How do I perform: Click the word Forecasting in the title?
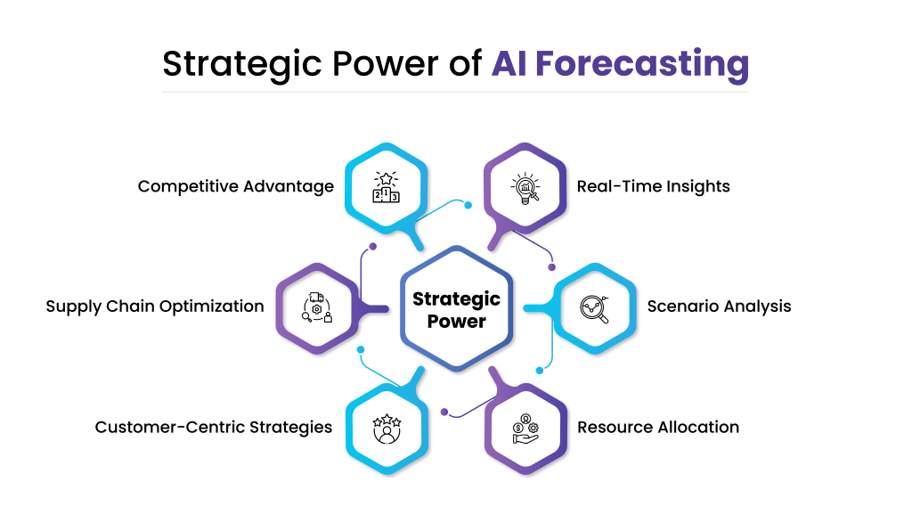[x=642, y=65]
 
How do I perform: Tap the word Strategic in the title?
[x=242, y=65]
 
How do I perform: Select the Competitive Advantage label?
[x=235, y=187]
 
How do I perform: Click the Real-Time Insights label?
[x=653, y=187]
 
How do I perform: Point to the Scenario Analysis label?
[x=719, y=307]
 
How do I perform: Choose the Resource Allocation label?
[x=658, y=427]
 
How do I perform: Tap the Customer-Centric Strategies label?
[x=214, y=428]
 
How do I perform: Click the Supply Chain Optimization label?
[x=155, y=307]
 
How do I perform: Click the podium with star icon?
[x=387, y=187]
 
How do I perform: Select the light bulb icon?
[x=525, y=188]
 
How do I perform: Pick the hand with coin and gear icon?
[x=525, y=429]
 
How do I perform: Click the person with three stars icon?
[x=387, y=429]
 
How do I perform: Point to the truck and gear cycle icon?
[x=317, y=307]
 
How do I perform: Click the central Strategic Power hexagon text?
[x=457, y=309]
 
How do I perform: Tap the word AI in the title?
[x=509, y=63]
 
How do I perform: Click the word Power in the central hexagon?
[x=457, y=322]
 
